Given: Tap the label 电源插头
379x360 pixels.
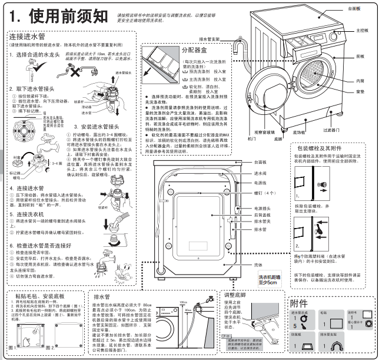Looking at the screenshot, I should click(x=262, y=209).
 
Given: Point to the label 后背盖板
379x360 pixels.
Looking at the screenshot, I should click(x=262, y=215).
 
